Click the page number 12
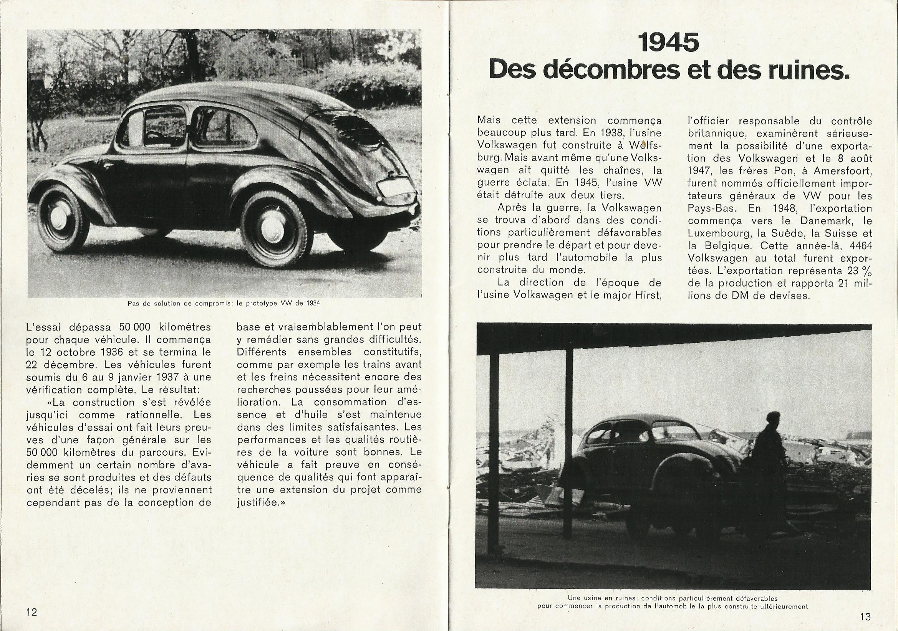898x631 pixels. click(x=31, y=611)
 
